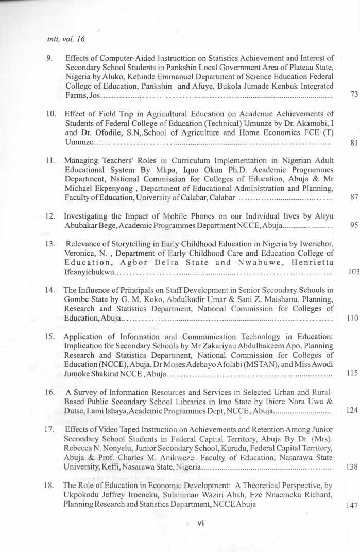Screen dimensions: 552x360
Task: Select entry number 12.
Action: point(50,215)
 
